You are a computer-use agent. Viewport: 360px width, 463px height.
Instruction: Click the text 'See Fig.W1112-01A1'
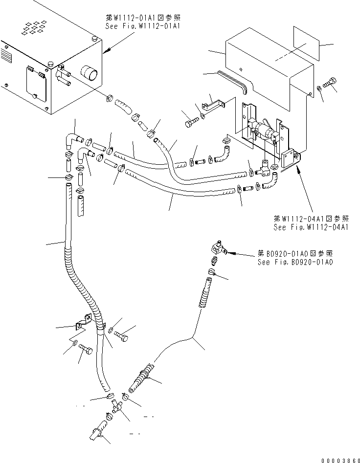point(143,26)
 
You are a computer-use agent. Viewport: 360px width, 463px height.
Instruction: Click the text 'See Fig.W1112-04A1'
point(311,227)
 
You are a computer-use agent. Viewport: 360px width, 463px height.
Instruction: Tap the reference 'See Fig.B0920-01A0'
point(295,263)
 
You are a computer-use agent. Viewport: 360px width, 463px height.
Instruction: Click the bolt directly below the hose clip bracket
point(85,350)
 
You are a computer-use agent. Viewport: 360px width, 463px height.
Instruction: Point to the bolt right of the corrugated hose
point(122,336)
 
